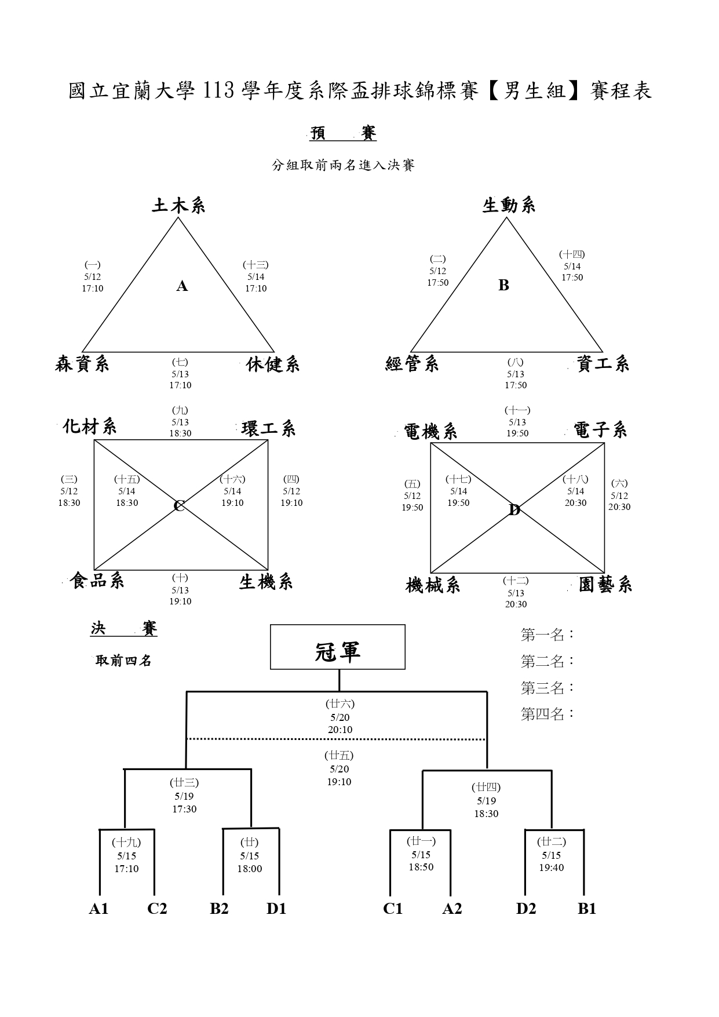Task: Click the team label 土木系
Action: [178, 206]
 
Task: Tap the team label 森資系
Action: [82, 364]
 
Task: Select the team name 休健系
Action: [273, 364]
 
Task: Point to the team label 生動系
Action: [509, 205]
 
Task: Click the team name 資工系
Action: [603, 364]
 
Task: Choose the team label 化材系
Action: [90, 427]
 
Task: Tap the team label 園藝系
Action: [605, 585]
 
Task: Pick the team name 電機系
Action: [430, 432]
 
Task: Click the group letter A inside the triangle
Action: [182, 286]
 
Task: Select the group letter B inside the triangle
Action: [504, 285]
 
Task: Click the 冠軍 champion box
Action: [338, 647]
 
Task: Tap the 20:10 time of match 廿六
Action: [340, 730]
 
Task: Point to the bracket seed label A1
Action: [99, 909]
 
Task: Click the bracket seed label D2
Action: [526, 909]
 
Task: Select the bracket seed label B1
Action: [587, 909]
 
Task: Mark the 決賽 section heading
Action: [124, 629]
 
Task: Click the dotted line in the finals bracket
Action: [336, 739]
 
